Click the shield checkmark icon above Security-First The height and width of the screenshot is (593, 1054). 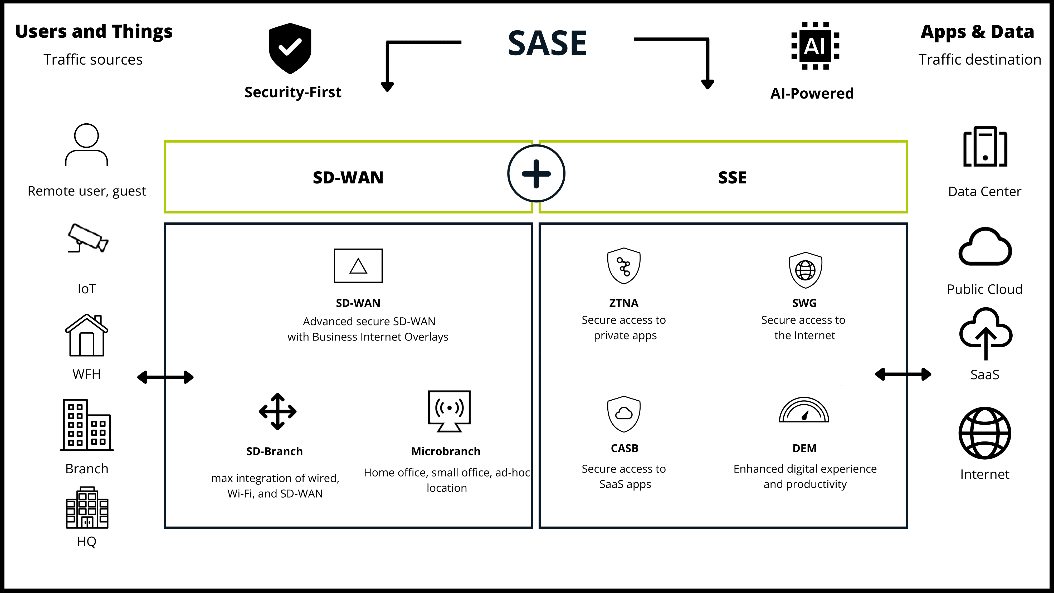(x=290, y=48)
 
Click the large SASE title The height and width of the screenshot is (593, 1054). (x=547, y=43)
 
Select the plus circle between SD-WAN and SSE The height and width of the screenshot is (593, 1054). (x=536, y=173)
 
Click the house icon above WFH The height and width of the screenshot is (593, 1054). (x=87, y=335)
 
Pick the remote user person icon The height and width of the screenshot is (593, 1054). (x=86, y=145)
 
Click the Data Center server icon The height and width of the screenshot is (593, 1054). (x=985, y=147)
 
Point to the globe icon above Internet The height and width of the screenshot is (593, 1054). (x=985, y=433)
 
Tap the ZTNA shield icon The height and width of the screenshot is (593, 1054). (x=623, y=266)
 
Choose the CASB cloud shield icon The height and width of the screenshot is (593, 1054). (x=623, y=414)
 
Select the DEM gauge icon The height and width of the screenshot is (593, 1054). (x=804, y=410)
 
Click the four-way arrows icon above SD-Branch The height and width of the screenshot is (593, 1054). (x=277, y=411)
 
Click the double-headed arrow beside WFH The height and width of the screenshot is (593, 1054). (x=165, y=377)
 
